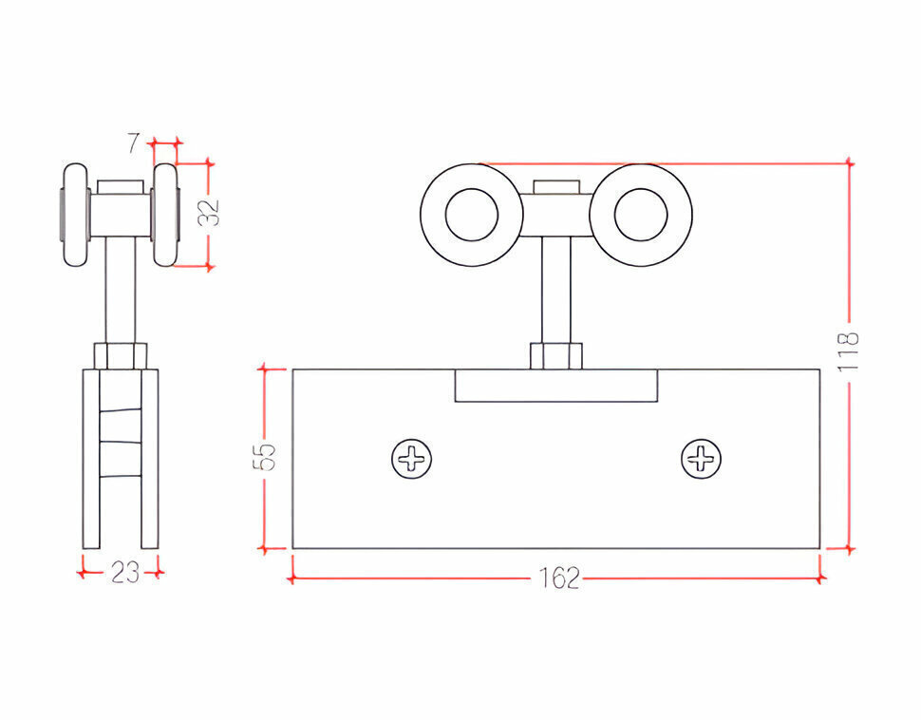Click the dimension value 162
click(x=558, y=578)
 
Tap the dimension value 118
click(x=849, y=351)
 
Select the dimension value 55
click(x=264, y=457)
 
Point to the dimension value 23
click(x=125, y=572)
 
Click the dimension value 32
click(x=209, y=213)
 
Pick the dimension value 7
click(x=135, y=142)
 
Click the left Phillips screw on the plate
click(x=412, y=459)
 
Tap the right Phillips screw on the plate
click(x=701, y=459)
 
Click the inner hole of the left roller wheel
click(x=472, y=215)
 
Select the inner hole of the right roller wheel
click(x=641, y=215)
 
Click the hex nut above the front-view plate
click(x=556, y=356)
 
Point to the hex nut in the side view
click(x=121, y=356)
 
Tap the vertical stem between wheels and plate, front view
click(x=556, y=291)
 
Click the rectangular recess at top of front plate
click(x=556, y=386)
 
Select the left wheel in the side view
click(x=76, y=215)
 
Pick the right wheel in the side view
click(x=165, y=215)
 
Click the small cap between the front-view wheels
click(x=556, y=187)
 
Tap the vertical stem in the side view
click(x=121, y=291)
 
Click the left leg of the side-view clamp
click(x=92, y=459)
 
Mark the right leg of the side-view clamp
click(x=150, y=459)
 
